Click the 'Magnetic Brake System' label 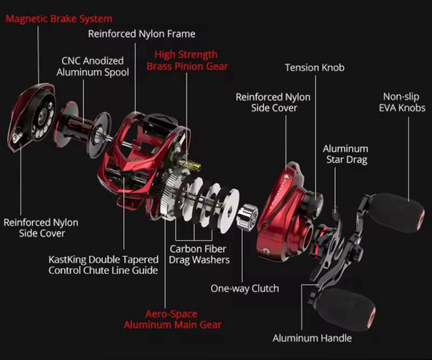pyautogui.click(x=59, y=19)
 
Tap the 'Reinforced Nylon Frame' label pyautogui.click(x=142, y=34)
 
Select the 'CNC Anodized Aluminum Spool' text pyautogui.click(x=93, y=67)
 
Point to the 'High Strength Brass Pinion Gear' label pyautogui.click(x=187, y=61)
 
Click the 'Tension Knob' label pyautogui.click(x=314, y=67)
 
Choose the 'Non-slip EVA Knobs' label pyautogui.click(x=402, y=103)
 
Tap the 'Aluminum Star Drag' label pyautogui.click(x=346, y=154)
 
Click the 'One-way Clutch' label pyautogui.click(x=245, y=288)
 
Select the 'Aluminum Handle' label pyautogui.click(x=312, y=338)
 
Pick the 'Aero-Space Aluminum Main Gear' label pyautogui.click(x=172, y=320)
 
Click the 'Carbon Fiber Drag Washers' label pyautogui.click(x=199, y=254)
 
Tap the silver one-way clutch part pyautogui.click(x=247, y=216)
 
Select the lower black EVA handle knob pyautogui.click(x=344, y=309)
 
